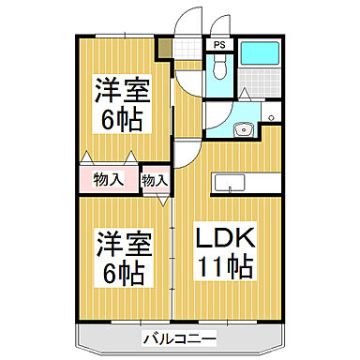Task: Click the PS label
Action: (x=218, y=44)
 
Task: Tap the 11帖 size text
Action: (x=224, y=267)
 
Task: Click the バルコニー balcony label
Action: (x=180, y=337)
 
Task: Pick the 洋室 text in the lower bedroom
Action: (x=118, y=246)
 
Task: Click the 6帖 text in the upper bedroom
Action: (x=117, y=119)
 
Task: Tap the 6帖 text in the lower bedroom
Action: (x=118, y=273)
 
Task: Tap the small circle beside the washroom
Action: (x=270, y=115)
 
